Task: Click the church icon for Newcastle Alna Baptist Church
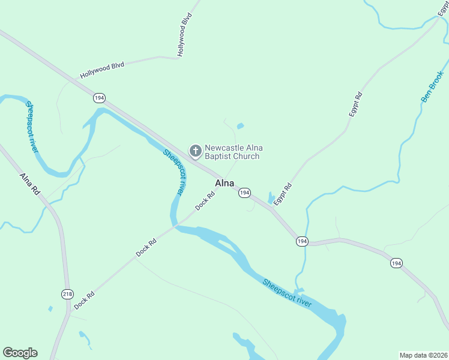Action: (195, 150)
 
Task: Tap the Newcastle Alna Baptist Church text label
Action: (234, 152)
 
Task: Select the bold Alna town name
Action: (224, 183)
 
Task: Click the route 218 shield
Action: (67, 293)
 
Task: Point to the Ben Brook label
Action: (432, 87)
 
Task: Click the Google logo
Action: (20, 353)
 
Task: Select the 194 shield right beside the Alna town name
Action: (244, 193)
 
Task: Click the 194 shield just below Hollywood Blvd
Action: (99, 97)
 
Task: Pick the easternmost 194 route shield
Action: (396, 263)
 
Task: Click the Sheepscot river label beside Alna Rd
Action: (31, 127)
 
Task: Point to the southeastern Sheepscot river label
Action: (287, 293)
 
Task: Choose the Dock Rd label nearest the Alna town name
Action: (205, 201)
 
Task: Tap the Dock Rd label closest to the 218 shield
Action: (85, 299)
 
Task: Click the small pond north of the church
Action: (240, 126)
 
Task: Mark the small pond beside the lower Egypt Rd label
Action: (271, 197)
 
